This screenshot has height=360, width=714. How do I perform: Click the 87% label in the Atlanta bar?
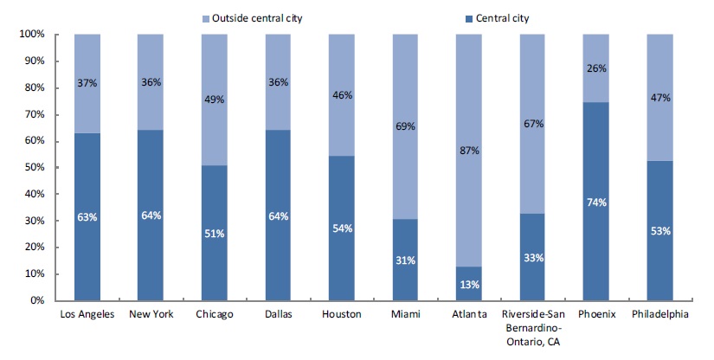[468, 150]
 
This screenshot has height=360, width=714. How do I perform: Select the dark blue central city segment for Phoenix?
[595, 242]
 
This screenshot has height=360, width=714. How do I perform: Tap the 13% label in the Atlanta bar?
[468, 285]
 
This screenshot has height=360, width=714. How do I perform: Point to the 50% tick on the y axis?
[34, 168]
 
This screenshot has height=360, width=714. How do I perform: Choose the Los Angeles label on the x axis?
[87, 314]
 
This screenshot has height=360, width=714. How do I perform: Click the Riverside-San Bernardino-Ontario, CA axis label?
[532, 325]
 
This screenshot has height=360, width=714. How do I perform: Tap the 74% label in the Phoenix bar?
[595, 202]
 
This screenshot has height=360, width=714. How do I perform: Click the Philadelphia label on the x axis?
[659, 314]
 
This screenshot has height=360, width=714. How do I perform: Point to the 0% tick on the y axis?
[37, 301]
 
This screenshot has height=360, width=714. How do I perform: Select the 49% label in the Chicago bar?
[215, 100]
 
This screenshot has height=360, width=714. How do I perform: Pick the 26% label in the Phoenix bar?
[595, 68]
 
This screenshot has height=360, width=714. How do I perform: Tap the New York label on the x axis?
[151, 314]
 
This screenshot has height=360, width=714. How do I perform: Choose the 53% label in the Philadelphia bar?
[659, 230]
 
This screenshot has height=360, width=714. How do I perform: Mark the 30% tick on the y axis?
[34, 221]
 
